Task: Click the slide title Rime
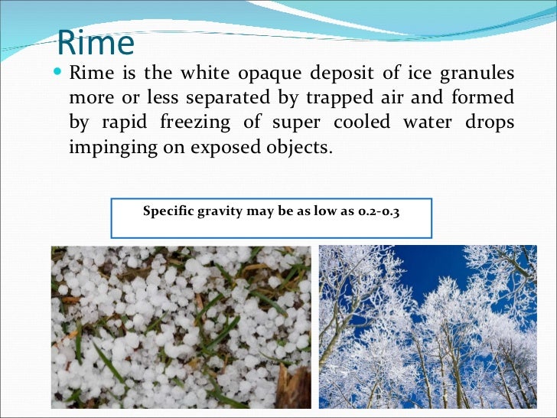coord(96,43)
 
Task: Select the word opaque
coord(271,74)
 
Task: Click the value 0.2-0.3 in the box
coord(379,211)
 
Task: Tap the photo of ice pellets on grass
coord(181,327)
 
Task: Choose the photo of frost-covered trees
coord(428,327)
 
